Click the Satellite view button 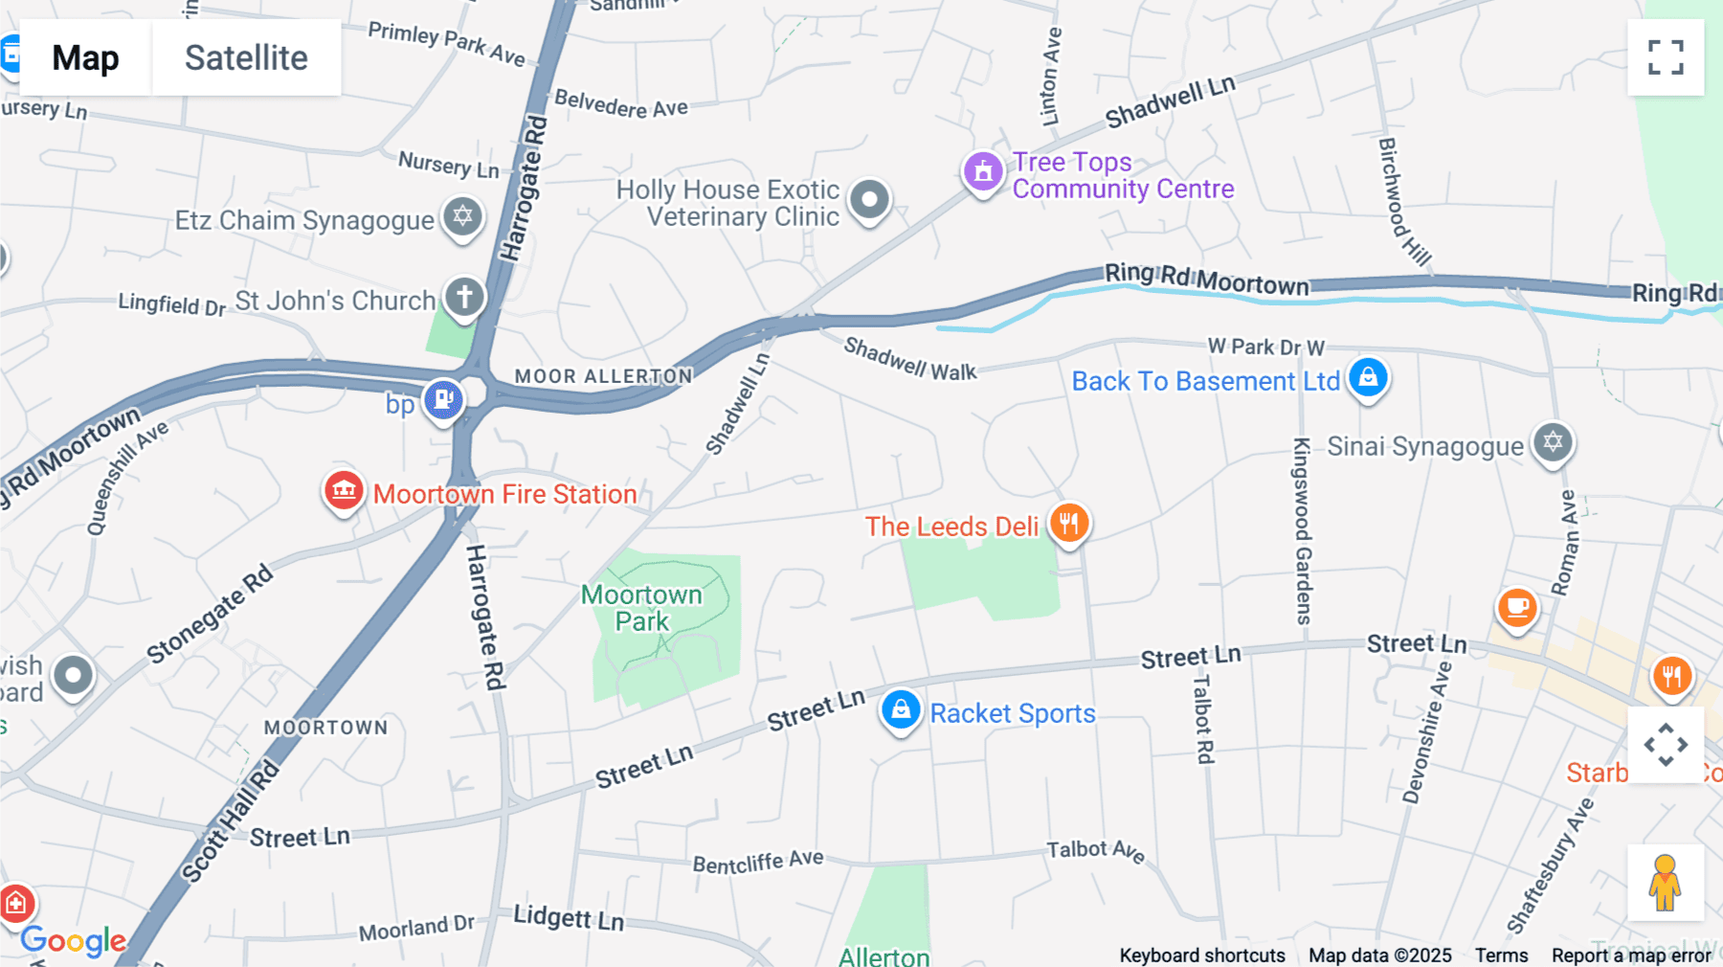(x=246, y=57)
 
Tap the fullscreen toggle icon (x=1666, y=57)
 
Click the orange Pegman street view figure (x=1665, y=882)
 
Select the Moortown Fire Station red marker (x=344, y=492)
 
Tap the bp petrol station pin (x=443, y=399)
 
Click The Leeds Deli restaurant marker (x=1068, y=524)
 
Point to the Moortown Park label (x=641, y=608)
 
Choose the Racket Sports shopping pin (x=901, y=711)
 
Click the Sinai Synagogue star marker (x=1553, y=443)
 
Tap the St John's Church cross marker (x=464, y=297)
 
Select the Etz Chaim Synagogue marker (x=462, y=216)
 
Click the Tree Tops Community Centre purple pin (x=983, y=173)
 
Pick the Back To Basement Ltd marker (x=1368, y=378)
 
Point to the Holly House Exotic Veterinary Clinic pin (x=869, y=201)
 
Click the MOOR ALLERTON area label (x=603, y=376)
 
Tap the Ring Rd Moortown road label (x=1206, y=279)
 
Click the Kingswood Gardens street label (x=1302, y=531)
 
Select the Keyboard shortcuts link (x=1202, y=955)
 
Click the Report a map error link (x=1631, y=955)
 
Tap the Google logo (x=74, y=940)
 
